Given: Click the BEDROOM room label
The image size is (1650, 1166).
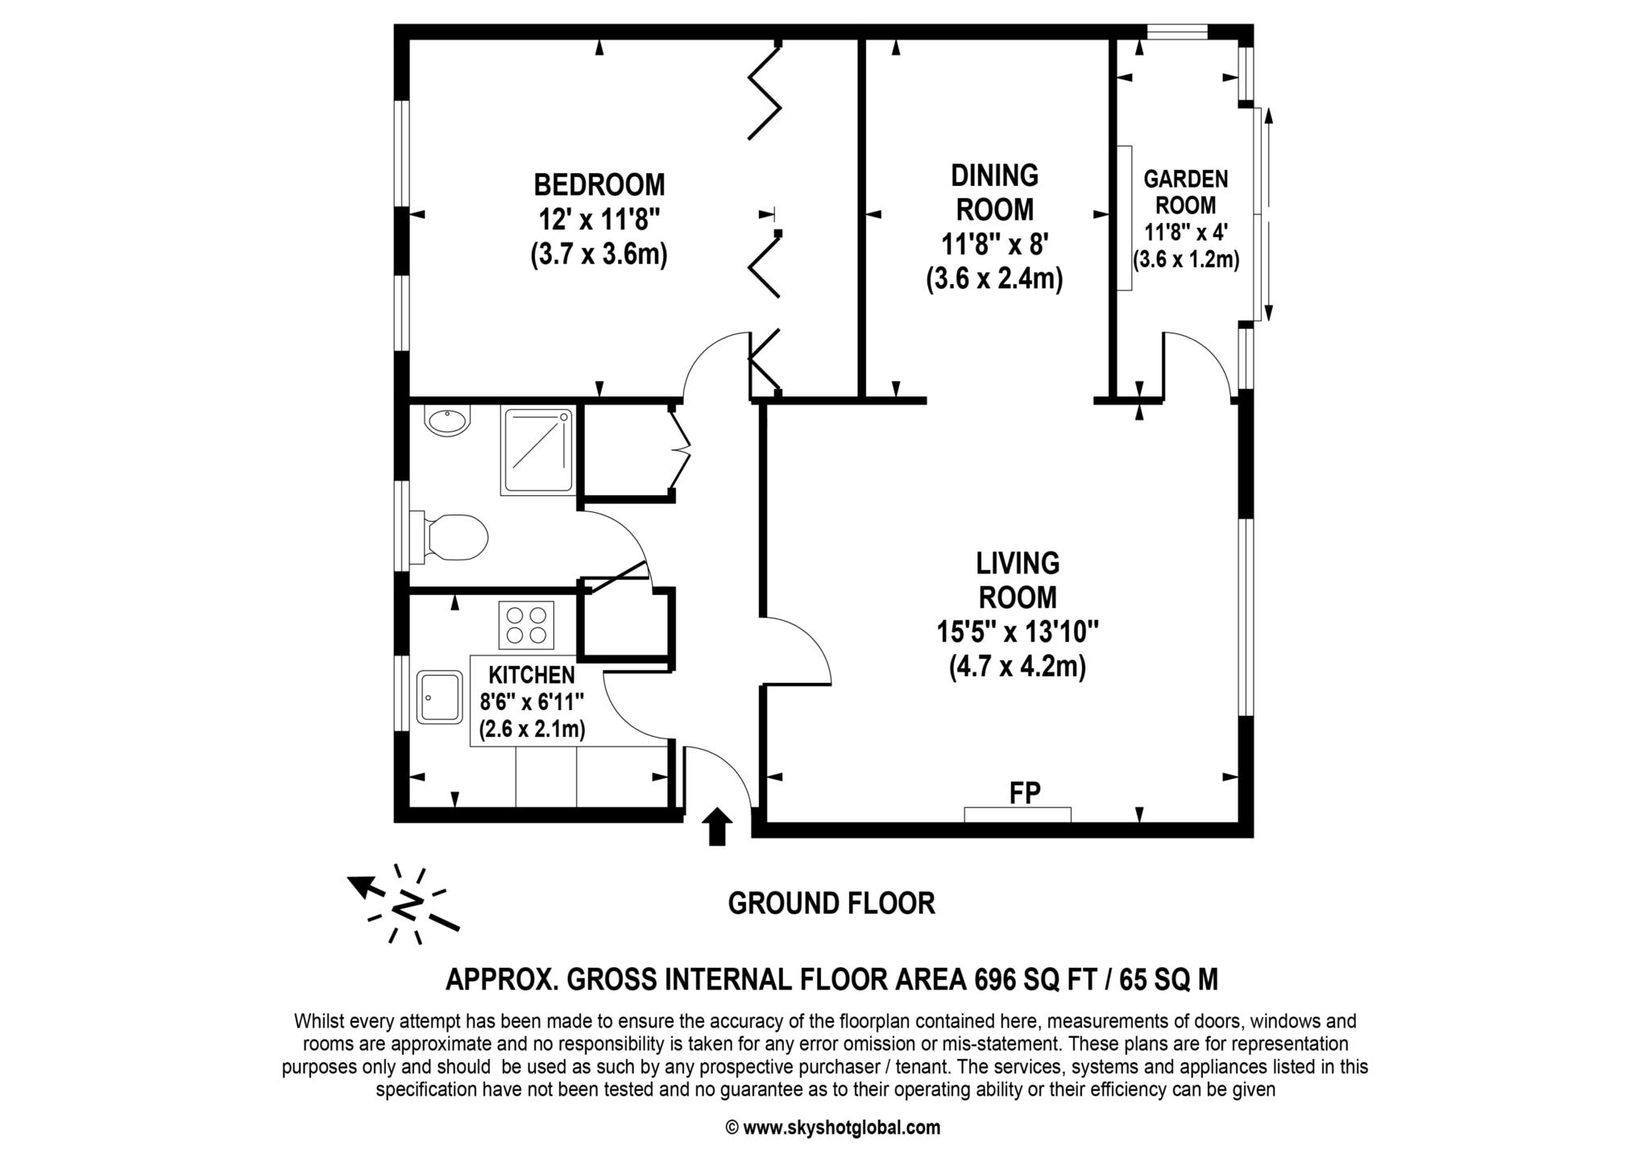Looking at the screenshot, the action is (599, 184).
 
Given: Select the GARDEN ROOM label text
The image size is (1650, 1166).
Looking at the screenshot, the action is (1186, 192).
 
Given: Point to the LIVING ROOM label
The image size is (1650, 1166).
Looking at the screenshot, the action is (1018, 580).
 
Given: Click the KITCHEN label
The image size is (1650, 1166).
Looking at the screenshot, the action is (532, 675).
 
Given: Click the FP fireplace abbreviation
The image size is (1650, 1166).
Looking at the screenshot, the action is (1025, 792).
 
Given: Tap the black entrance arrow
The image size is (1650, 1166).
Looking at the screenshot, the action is (717, 827).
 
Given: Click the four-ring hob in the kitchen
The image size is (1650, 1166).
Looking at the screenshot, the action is (526, 625).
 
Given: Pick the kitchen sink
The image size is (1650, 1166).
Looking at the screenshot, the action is (439, 697).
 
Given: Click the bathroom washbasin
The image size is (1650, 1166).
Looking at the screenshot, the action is (447, 422).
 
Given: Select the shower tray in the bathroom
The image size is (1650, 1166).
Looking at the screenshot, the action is (537, 451).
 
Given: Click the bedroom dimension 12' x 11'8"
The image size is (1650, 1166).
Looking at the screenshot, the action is (599, 219).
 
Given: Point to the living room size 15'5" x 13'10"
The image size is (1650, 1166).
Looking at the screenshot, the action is (1018, 632).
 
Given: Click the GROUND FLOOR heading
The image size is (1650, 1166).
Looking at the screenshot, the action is (831, 903).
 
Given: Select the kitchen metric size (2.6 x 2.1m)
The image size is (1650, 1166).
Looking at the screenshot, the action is (532, 730).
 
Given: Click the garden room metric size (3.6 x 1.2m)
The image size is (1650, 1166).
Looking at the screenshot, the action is (1186, 260).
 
